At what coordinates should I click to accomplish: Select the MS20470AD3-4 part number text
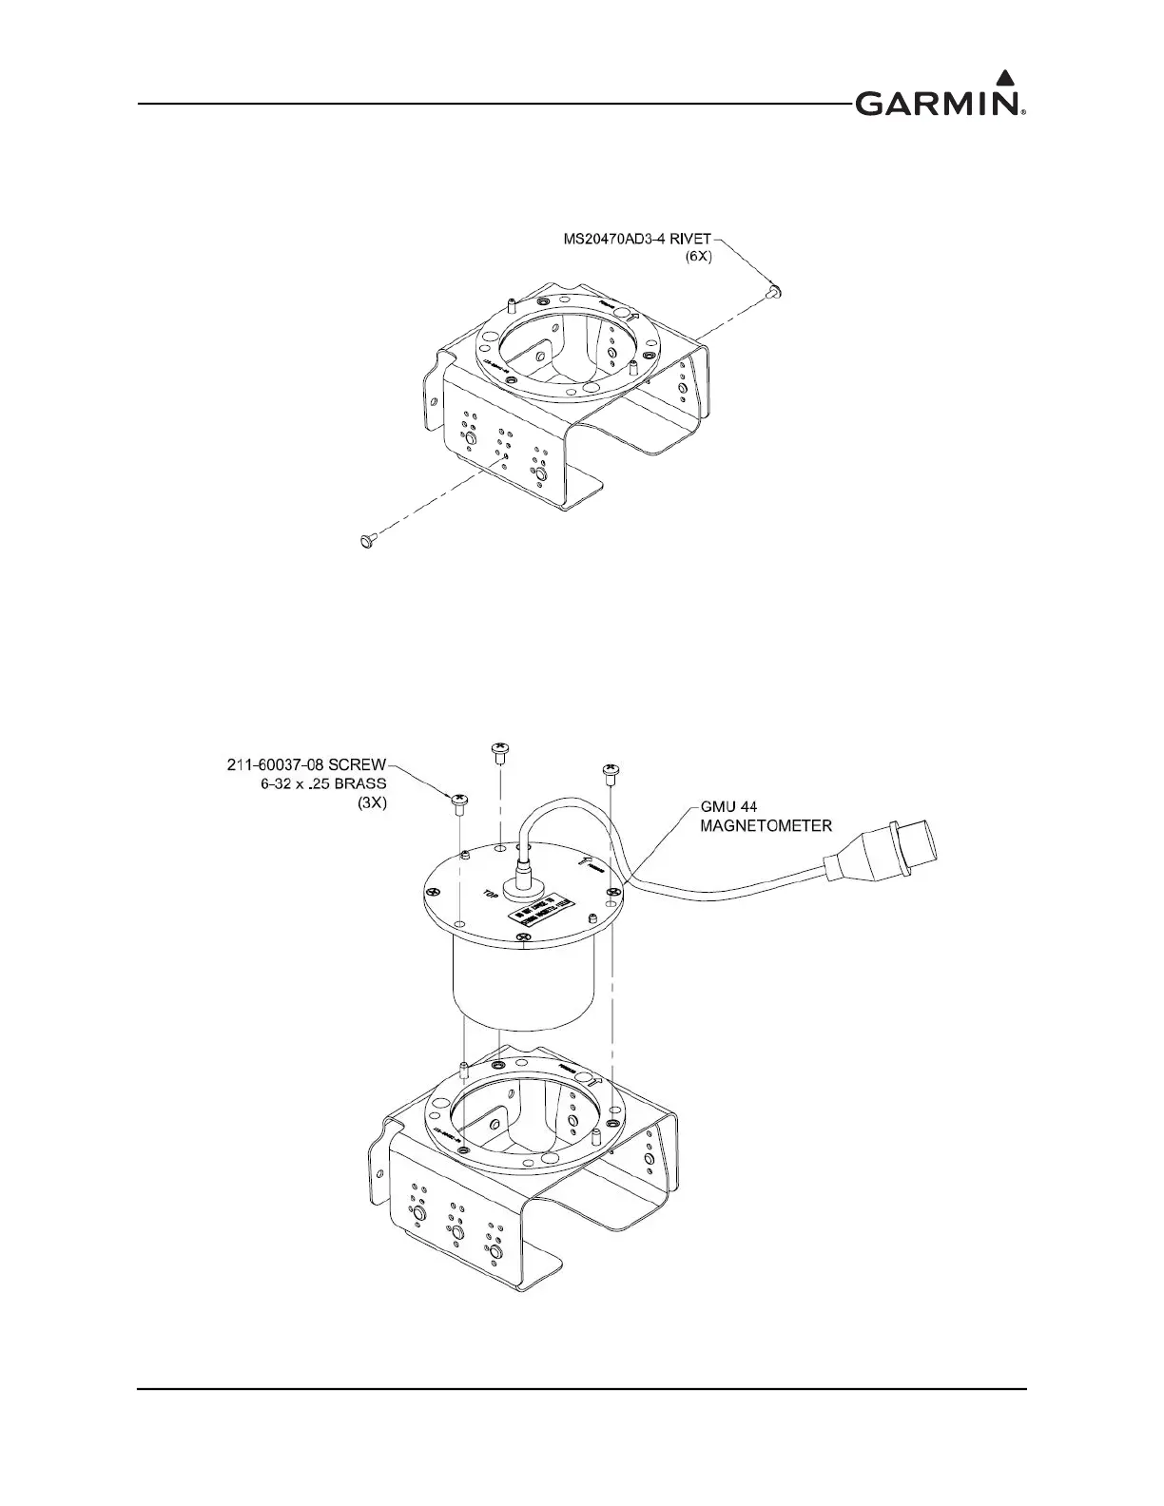(619, 239)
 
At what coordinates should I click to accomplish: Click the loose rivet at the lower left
(364, 540)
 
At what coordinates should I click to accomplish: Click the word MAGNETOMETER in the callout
(766, 826)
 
